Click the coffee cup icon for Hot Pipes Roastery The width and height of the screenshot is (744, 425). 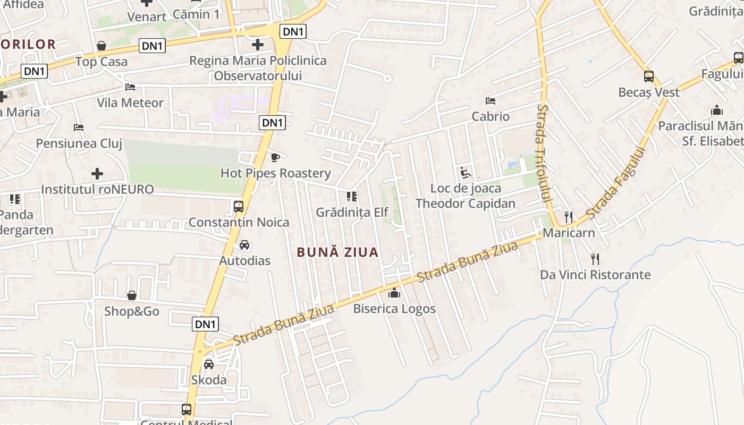pyautogui.click(x=275, y=157)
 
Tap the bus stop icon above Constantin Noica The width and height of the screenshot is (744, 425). pyautogui.click(x=239, y=206)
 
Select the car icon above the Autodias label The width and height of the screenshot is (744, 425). pyautogui.click(x=244, y=245)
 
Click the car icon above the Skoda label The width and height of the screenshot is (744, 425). pyautogui.click(x=209, y=364)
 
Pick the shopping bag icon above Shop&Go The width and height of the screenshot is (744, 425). pyautogui.click(x=132, y=295)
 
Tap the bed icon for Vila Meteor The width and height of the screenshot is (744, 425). pyautogui.click(x=130, y=87)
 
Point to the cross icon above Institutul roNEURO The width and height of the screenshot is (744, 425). pyautogui.click(x=97, y=174)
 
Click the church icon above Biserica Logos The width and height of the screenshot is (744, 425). pyautogui.click(x=394, y=293)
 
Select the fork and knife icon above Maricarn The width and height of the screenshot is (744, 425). pyautogui.click(x=569, y=217)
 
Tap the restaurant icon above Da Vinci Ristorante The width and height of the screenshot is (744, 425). pyautogui.click(x=595, y=259)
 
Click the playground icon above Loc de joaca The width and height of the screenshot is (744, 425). pyautogui.click(x=466, y=172)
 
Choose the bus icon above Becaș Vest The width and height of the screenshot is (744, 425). pyautogui.click(x=649, y=76)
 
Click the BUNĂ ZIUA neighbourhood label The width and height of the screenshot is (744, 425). pyautogui.click(x=338, y=252)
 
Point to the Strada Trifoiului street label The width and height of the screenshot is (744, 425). pyautogui.click(x=543, y=151)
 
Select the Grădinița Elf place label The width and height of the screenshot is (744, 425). pyautogui.click(x=352, y=212)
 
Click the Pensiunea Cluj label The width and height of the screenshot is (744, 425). pyautogui.click(x=79, y=143)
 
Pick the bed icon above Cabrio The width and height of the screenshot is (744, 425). pyautogui.click(x=491, y=101)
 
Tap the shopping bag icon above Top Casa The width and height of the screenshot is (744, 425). pyautogui.click(x=102, y=46)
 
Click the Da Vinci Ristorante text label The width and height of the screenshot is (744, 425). pyautogui.click(x=595, y=275)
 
